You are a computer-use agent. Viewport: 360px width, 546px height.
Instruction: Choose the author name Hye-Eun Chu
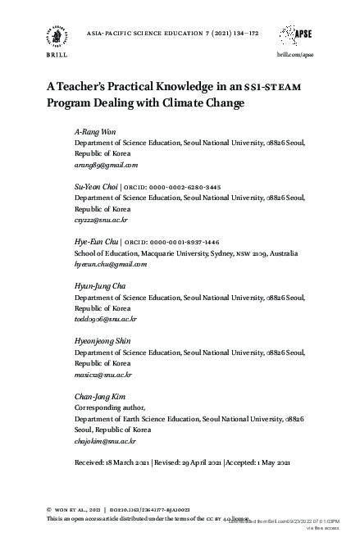point(96,243)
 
